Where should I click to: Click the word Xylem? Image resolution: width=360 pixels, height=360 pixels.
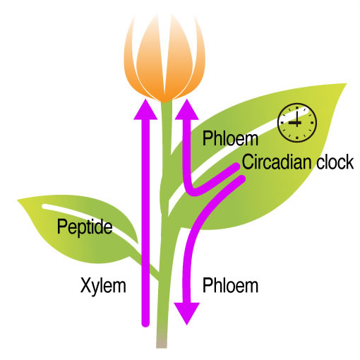click(x=103, y=286)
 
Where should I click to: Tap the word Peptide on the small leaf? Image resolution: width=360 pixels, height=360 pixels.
click(x=85, y=227)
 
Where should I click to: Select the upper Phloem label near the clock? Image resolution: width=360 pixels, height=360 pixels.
click(x=230, y=138)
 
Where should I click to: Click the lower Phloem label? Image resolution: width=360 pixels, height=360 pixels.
click(x=230, y=285)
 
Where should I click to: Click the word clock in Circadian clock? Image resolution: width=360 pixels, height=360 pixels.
click(x=335, y=162)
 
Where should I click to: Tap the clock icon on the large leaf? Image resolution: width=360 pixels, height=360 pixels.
click(x=297, y=123)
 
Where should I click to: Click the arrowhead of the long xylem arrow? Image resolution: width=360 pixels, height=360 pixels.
click(x=145, y=109)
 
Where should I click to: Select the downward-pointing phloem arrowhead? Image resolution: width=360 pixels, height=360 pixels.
click(x=186, y=313)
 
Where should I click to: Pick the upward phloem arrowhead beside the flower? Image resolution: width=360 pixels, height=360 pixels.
click(x=187, y=109)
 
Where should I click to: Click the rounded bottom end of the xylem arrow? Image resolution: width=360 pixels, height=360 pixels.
click(x=145, y=323)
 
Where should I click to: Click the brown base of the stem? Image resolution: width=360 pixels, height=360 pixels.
click(x=162, y=341)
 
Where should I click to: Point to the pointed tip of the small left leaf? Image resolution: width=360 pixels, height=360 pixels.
click(x=18, y=200)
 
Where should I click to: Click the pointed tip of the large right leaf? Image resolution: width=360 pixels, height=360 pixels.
click(x=346, y=84)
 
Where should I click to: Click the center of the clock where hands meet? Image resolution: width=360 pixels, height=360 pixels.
click(x=297, y=123)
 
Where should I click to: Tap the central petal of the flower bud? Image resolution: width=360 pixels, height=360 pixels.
click(x=164, y=59)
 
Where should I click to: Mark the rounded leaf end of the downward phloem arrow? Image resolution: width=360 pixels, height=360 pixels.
click(x=241, y=179)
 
